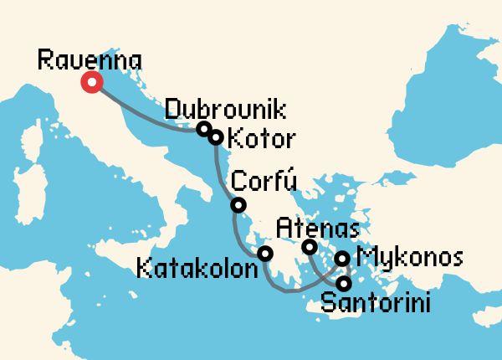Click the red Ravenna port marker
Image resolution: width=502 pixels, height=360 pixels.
click(90, 82)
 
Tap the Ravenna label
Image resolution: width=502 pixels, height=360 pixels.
click(90, 59)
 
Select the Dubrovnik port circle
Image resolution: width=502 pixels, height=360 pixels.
click(203, 129)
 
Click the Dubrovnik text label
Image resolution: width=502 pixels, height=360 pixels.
click(225, 110)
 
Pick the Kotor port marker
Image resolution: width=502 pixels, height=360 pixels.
click(215, 137)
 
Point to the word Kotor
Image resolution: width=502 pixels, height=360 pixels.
click(256, 137)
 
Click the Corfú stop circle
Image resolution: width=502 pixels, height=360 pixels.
click(238, 205)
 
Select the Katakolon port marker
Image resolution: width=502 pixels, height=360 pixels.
click(265, 254)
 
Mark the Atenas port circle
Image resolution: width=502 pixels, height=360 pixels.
click(309, 247)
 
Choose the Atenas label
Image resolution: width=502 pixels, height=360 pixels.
click(319, 227)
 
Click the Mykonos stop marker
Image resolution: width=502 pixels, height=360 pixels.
click(343, 259)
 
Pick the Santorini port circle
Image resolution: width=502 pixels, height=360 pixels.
click(343, 283)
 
